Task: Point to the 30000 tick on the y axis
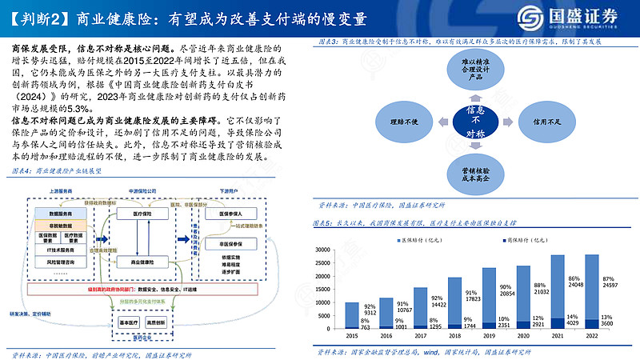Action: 323,250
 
